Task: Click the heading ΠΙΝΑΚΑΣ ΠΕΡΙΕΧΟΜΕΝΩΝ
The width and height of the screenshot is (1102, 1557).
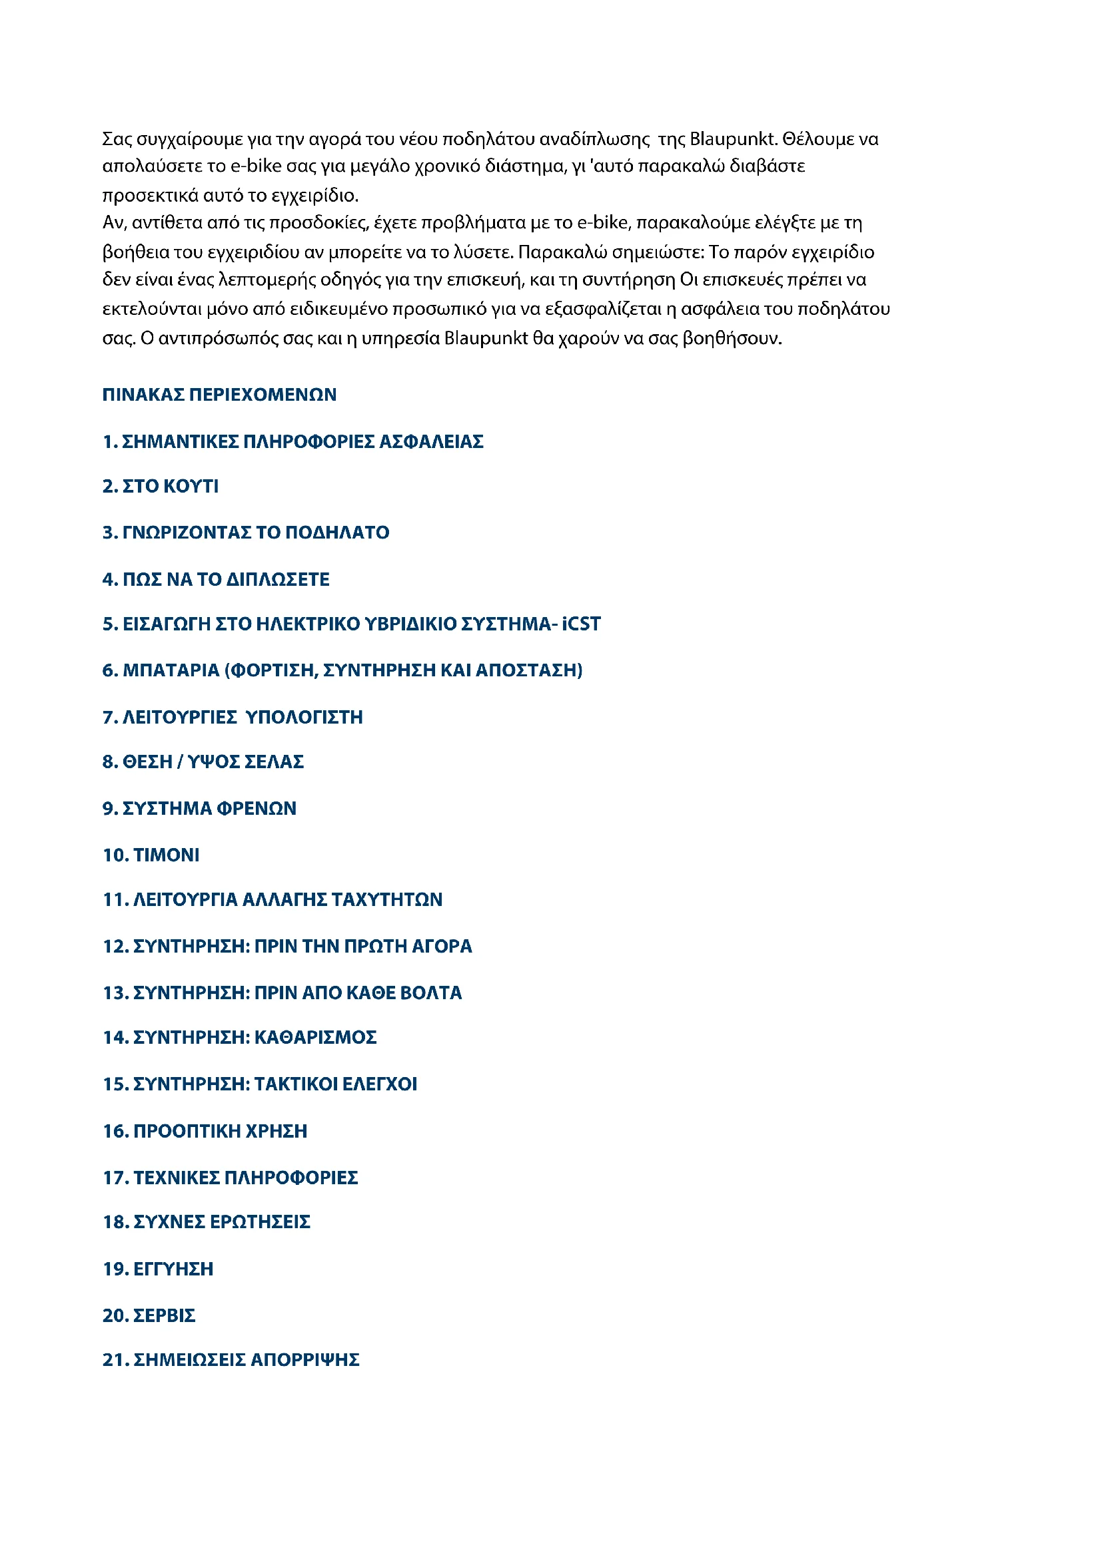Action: coord(219,395)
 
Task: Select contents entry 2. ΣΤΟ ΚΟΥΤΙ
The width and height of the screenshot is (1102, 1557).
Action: coord(160,486)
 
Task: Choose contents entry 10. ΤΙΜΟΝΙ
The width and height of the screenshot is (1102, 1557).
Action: coord(151,855)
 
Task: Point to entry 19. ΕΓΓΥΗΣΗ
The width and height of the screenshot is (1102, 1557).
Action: coord(157,1269)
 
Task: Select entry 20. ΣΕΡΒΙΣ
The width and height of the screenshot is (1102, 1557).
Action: coord(149,1315)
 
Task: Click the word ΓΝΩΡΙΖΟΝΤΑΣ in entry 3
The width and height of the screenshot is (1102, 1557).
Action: coord(186,533)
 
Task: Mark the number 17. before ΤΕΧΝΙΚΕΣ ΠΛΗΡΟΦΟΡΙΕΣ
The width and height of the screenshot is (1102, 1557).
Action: coord(115,1178)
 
